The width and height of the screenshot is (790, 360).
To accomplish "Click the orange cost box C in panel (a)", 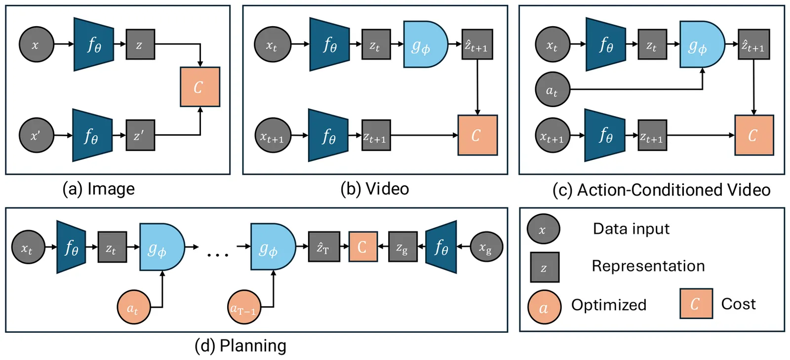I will click(x=200, y=87).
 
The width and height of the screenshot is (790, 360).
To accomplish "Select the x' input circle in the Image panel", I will click(x=36, y=135).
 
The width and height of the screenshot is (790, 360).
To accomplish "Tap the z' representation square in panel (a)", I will click(x=140, y=135).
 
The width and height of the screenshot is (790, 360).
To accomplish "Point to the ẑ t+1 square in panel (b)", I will click(x=477, y=44).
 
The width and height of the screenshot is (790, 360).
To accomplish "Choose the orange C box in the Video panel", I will click(x=477, y=135).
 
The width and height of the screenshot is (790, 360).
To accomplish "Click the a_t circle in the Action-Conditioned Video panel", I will click(x=553, y=90).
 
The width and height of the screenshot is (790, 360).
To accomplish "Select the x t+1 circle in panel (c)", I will click(x=553, y=135).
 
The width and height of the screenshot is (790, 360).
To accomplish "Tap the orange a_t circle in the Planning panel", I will click(x=133, y=307).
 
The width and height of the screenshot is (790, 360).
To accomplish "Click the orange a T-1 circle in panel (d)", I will click(x=244, y=307).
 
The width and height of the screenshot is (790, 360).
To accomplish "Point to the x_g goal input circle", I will click(x=486, y=246).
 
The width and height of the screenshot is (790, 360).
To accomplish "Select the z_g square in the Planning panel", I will click(x=403, y=246).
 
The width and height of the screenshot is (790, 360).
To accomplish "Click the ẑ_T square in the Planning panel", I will click(x=324, y=246).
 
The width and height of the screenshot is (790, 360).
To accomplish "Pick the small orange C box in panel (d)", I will click(x=363, y=246).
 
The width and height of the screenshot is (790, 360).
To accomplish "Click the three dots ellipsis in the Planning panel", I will click(x=218, y=255).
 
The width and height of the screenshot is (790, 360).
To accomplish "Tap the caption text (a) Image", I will click(x=98, y=189).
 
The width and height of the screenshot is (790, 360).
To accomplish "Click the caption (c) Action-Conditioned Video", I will click(x=661, y=190).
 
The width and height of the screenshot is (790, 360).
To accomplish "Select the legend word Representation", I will click(x=648, y=266).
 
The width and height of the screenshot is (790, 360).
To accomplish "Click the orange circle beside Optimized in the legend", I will click(x=544, y=307).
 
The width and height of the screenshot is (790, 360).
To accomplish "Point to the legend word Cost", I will click(x=738, y=304).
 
